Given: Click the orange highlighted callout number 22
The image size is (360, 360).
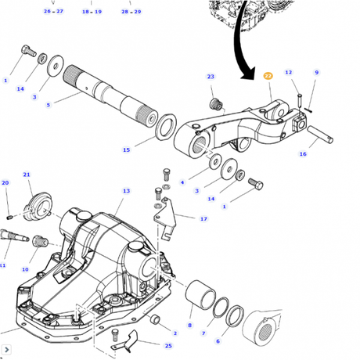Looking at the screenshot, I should click(268, 76).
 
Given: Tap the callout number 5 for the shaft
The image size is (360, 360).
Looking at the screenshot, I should click(48, 105).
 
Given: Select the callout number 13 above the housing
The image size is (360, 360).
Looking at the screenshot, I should click(126, 191).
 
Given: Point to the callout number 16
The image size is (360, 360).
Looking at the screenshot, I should click(302, 155).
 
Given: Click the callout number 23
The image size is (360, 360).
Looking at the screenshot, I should click(211, 76).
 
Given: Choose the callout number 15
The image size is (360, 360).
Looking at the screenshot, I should click(127, 149).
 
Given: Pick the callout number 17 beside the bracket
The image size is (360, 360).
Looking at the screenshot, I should click(203, 219).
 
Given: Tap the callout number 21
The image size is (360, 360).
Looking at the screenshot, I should click(26, 175).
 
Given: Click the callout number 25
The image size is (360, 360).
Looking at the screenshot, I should click(167, 345).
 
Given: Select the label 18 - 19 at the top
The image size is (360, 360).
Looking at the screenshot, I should click(92, 12).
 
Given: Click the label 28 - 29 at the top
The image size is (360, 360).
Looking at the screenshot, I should click(131, 12).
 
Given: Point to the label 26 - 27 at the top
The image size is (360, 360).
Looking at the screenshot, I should click(54, 12).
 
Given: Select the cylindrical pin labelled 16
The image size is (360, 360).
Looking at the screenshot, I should click(322, 135).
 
